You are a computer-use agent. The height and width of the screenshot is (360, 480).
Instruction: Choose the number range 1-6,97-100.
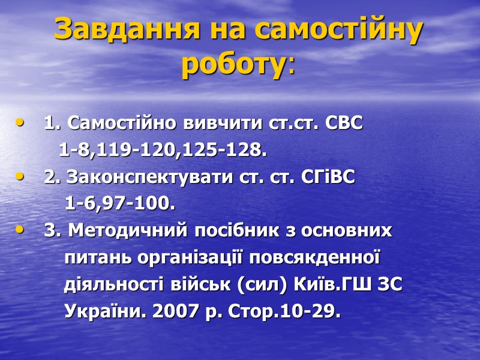(119, 205)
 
